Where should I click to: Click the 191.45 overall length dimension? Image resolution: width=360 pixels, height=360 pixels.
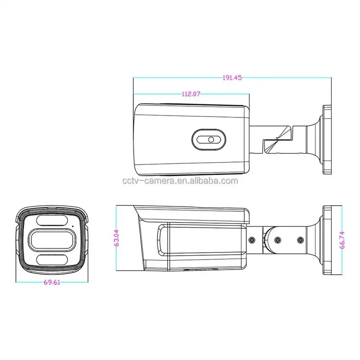(232, 77)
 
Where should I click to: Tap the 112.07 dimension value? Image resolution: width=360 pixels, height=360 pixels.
(191, 94)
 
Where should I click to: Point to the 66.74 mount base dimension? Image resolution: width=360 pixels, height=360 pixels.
(342, 239)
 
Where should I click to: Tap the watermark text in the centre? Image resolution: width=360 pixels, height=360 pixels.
(180, 181)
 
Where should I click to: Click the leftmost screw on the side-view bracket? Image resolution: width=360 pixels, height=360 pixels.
(253, 239)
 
